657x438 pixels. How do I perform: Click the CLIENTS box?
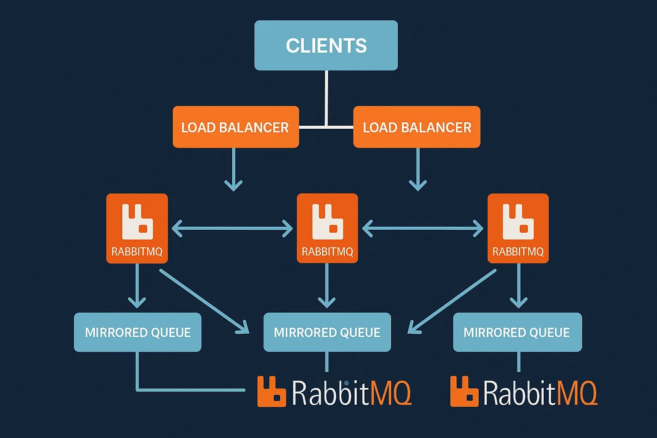tap(326, 45)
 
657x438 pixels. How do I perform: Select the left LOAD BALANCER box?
tap(235, 127)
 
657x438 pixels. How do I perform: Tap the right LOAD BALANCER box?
tap(417, 127)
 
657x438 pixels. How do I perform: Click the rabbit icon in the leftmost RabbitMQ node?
tap(137, 222)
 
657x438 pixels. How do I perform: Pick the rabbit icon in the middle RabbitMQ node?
tap(328, 222)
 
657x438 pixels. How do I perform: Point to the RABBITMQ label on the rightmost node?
tap(518, 252)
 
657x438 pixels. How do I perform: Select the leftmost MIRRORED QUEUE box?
tap(137, 332)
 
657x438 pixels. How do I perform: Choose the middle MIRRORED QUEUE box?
tap(327, 332)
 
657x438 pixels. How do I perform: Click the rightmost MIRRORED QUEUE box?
tap(517, 332)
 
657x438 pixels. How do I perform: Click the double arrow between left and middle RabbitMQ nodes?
tap(232, 228)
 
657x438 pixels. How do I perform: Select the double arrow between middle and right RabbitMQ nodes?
tap(423, 228)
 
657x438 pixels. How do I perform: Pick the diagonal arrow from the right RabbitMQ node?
tap(453, 301)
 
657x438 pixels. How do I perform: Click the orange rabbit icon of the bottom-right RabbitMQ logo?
tap(464, 391)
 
